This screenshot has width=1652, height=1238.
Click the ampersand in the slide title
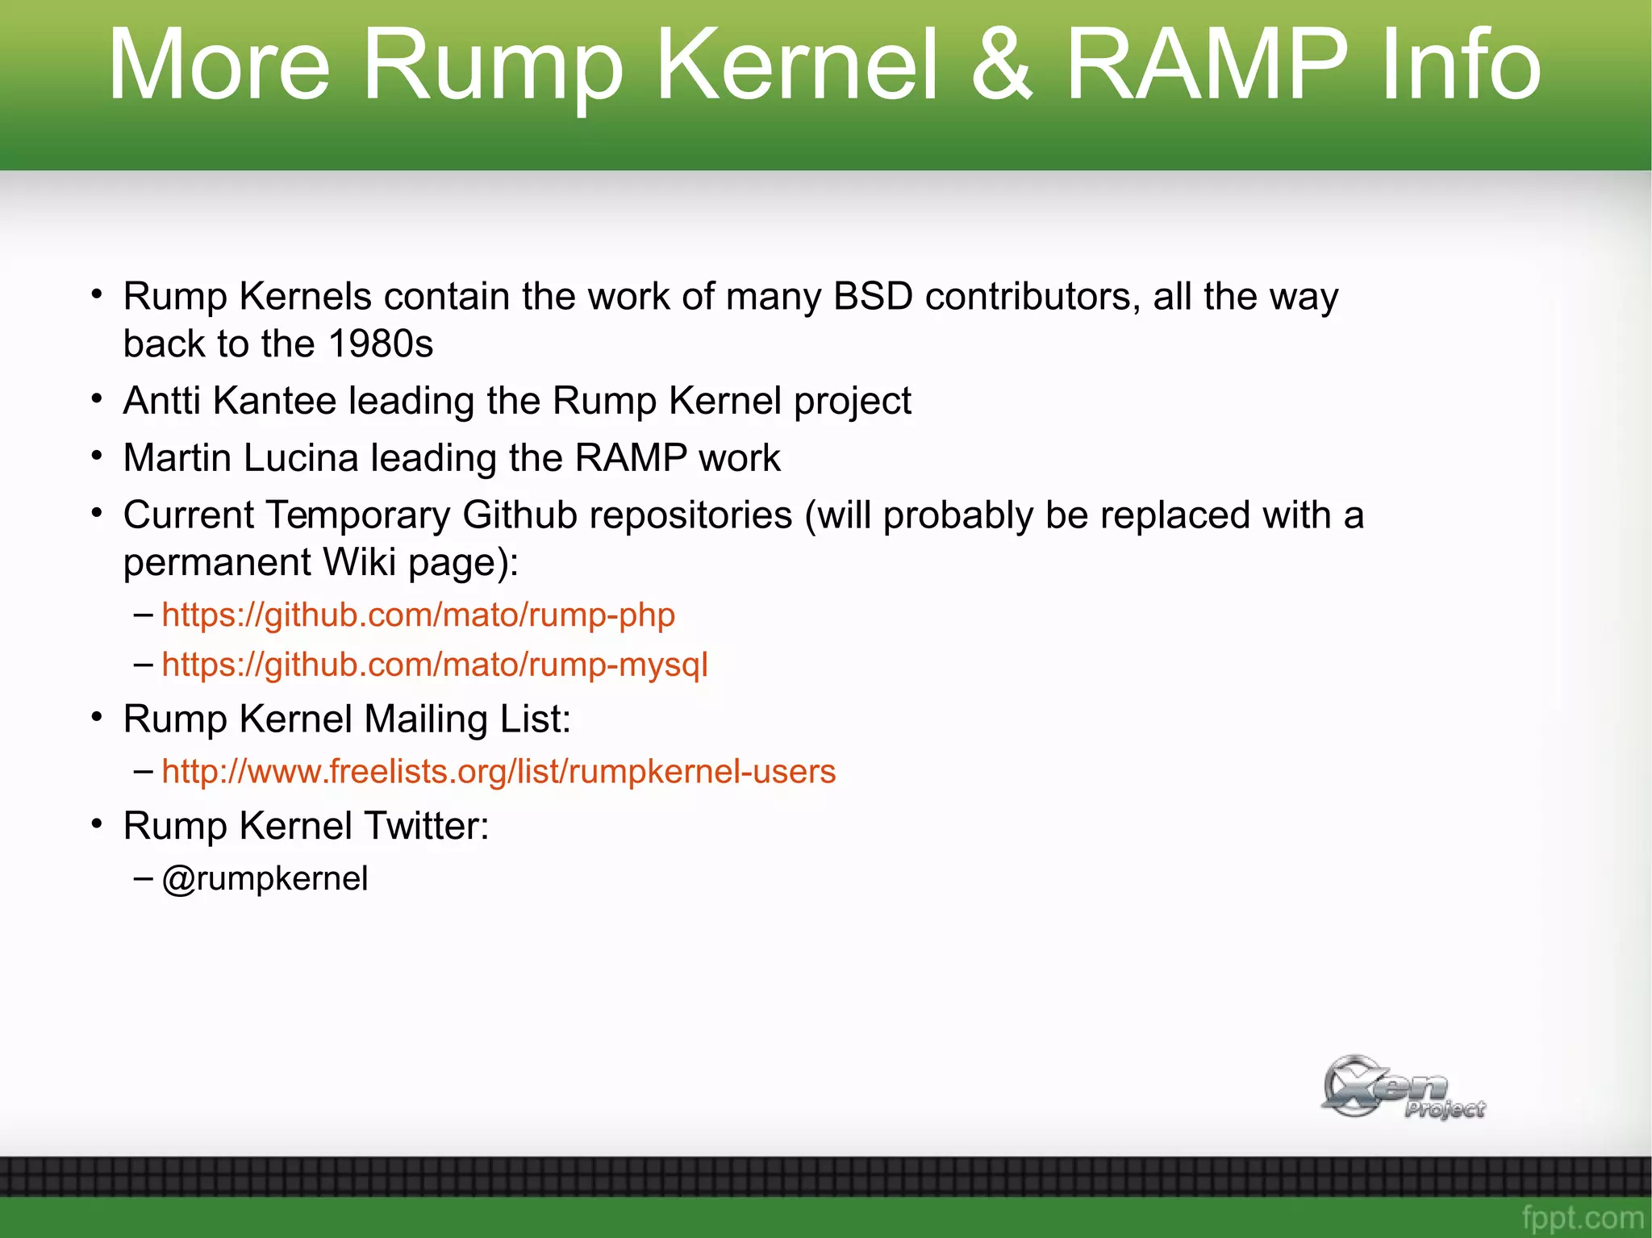(1001, 65)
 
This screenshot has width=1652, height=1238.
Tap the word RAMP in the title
(1206, 65)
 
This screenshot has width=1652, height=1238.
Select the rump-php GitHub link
(418, 615)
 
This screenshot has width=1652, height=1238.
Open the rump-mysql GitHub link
(434, 665)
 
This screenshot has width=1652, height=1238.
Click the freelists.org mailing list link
(498, 772)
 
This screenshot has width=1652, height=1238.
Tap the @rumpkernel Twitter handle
(265, 878)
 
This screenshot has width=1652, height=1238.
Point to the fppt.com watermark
(1582, 1217)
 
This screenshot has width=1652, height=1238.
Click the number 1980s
(381, 344)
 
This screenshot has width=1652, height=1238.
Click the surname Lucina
(300, 458)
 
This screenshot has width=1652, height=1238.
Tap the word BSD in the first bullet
(872, 297)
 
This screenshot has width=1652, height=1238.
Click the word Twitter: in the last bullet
(426, 826)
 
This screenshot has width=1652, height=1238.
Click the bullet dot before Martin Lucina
(97, 456)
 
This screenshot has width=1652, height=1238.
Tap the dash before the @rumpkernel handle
(144, 877)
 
